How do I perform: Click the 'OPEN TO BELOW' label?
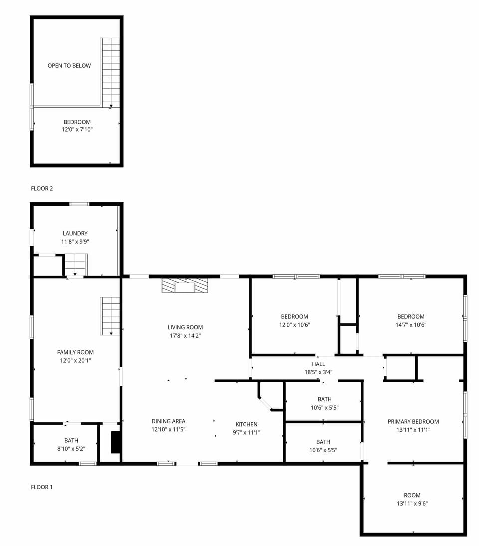coord(69,65)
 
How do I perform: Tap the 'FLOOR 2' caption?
coord(42,188)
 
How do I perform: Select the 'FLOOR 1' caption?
coord(42,487)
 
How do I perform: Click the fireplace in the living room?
coord(185,286)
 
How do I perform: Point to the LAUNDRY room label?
coord(75,233)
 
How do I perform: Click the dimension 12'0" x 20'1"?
coord(75,360)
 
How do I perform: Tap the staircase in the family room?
coord(110,316)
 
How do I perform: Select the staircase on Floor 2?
coord(111,72)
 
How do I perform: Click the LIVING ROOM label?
coord(185,327)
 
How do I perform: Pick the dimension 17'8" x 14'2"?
coord(185,335)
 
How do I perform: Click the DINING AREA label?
coord(168,421)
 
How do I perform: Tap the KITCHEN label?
coord(247,424)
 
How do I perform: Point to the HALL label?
coord(318,364)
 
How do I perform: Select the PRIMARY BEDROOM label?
coord(413,422)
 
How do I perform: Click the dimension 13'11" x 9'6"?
coord(412,503)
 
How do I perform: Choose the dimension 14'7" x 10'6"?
coord(411,324)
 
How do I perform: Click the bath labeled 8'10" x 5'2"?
coord(71,444)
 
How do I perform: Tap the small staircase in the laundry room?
coord(76,264)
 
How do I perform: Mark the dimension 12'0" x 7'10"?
coord(77,130)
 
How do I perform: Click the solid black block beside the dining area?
coord(116,442)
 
